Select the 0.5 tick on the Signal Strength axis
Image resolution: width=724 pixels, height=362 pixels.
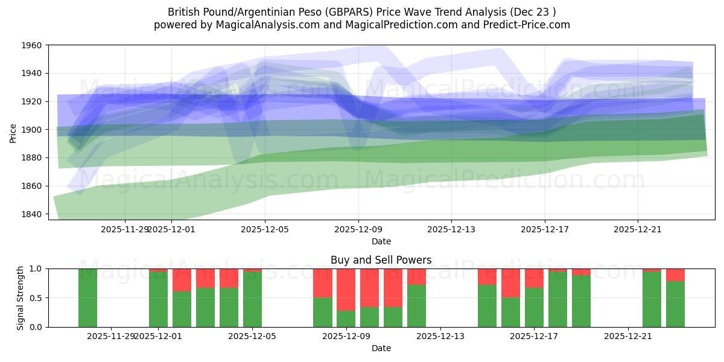point(37,298)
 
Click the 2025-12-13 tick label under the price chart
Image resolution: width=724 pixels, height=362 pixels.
point(451,229)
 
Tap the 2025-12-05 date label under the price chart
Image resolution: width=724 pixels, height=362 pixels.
point(265,229)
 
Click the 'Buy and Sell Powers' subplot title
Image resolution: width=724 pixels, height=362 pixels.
point(381,261)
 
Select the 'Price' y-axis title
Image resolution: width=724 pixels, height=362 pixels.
point(13,132)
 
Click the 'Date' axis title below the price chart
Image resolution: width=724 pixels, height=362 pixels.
point(381,241)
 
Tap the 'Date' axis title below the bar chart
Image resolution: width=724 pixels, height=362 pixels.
point(381,348)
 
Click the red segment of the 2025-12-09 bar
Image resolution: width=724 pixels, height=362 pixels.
point(346,290)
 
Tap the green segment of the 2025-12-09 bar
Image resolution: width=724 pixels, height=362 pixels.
point(346,319)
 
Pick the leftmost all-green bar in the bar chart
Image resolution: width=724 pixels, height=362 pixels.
point(87,298)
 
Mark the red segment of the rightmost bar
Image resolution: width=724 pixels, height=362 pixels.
point(675,275)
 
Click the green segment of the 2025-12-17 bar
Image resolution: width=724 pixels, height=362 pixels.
point(534,307)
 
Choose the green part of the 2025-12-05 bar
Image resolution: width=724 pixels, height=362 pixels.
point(252,299)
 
